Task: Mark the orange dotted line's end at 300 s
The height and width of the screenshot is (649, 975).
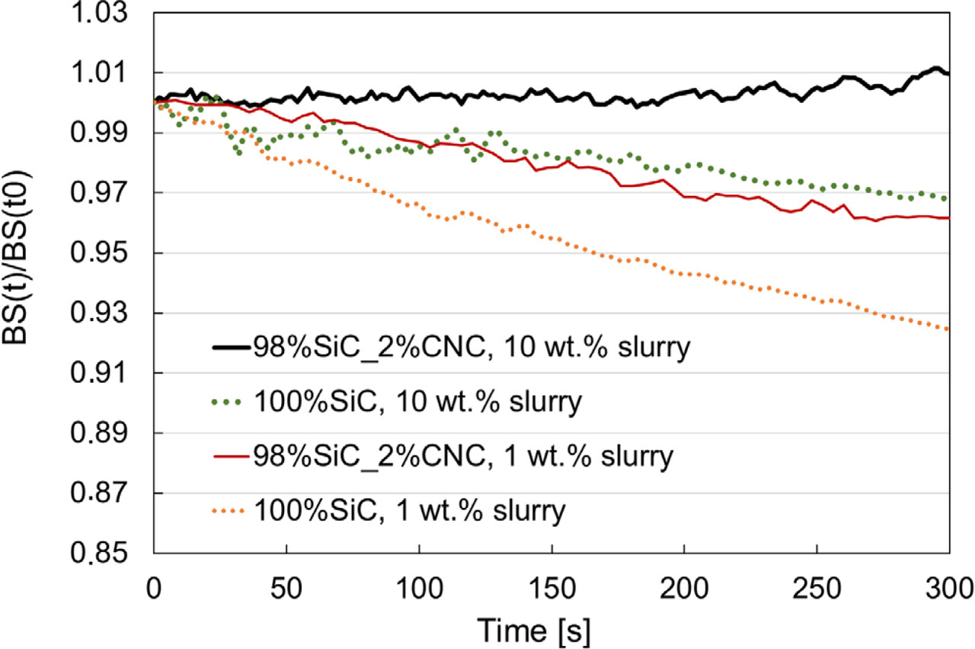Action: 948,329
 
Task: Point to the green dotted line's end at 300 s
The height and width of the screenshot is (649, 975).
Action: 947,199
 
